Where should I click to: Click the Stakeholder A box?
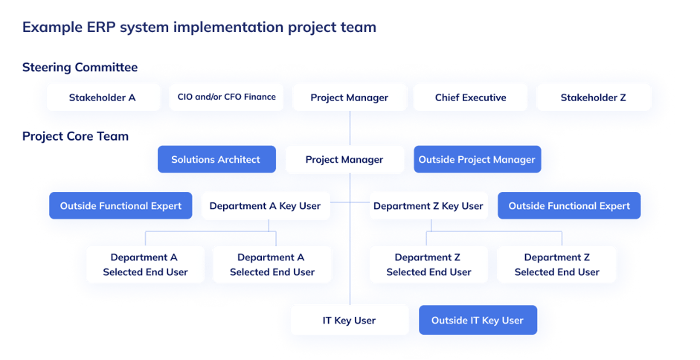click(103, 97)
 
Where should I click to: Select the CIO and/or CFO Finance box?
click(226, 97)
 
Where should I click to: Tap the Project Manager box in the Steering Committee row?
click(350, 97)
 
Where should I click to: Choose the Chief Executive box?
click(470, 97)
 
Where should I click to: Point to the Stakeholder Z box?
click(594, 97)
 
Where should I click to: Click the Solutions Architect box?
click(216, 159)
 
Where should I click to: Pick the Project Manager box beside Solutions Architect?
click(344, 159)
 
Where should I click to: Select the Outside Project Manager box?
click(477, 159)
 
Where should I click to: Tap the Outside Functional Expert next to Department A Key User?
click(121, 206)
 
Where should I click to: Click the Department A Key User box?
click(265, 206)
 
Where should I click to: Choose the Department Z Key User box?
click(428, 206)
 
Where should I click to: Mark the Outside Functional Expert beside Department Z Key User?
click(569, 206)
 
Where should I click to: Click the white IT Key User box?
click(349, 321)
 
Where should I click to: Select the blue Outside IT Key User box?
click(478, 321)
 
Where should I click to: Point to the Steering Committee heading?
click(80, 68)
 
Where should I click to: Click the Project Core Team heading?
click(75, 136)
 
